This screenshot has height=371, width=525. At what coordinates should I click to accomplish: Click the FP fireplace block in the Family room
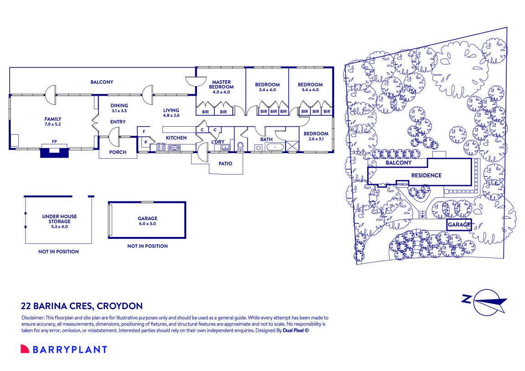pos(54,152)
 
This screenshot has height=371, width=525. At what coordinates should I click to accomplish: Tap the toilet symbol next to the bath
pos(240,146)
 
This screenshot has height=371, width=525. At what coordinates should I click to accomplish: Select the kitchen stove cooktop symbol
pos(161,147)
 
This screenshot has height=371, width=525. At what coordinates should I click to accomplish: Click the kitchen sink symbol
pos(174,147)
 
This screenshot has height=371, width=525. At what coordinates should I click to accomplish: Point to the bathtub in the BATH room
pos(275,147)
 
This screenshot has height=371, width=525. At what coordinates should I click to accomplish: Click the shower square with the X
pos(292,146)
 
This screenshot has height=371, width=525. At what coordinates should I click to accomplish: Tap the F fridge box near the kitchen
pos(144,132)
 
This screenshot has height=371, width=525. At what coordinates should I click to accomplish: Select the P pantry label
pos(146,142)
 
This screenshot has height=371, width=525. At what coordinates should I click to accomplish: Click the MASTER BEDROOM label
pos(221,84)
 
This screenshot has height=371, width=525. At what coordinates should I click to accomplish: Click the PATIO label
pos(225,163)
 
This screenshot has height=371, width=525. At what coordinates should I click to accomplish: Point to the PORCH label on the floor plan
pos(118,152)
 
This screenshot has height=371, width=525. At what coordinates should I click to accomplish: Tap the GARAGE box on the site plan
pos(458,225)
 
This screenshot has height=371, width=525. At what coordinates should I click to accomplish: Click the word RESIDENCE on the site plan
pos(426,175)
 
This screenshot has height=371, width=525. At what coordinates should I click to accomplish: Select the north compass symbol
pos(489,302)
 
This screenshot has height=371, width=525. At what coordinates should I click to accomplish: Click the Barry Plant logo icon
pos(25,349)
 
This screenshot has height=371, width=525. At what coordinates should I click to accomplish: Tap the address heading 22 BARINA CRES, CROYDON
pos(82,306)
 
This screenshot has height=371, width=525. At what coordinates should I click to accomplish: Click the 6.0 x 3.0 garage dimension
pos(147,224)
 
